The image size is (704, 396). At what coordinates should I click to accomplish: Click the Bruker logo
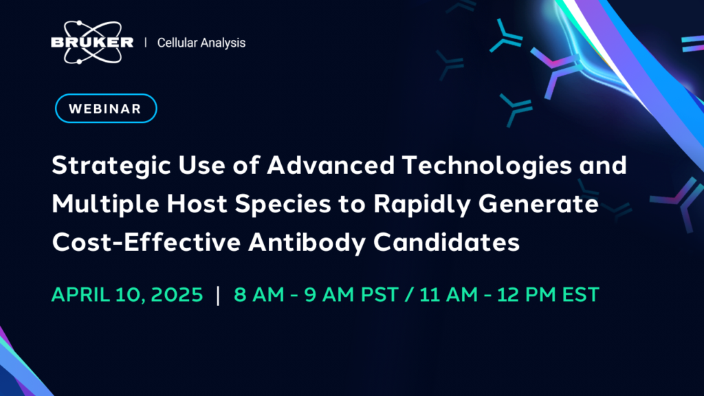tap(92, 42)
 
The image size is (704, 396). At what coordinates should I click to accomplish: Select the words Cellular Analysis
tap(201, 43)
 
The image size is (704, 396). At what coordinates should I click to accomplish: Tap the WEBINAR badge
tap(106, 108)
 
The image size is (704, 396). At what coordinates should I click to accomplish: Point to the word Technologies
tap(487, 166)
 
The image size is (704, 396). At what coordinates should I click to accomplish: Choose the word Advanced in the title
tap(331, 165)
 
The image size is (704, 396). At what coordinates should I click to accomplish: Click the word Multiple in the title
tap(105, 204)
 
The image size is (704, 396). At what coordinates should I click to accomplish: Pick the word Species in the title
tap(283, 204)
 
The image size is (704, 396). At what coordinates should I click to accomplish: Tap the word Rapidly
tap(422, 204)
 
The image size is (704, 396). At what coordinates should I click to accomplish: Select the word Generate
tap(538, 203)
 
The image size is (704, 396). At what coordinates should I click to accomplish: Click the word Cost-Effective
tap(146, 242)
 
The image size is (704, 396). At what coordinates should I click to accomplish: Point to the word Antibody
tap(307, 243)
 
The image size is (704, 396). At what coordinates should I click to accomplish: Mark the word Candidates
tap(446, 242)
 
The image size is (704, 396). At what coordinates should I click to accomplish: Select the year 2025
tap(177, 295)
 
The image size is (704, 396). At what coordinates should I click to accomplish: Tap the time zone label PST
tap(379, 295)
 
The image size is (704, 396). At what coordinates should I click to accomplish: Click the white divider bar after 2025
tap(218, 295)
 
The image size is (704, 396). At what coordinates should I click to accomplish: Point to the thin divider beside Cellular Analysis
tap(146, 43)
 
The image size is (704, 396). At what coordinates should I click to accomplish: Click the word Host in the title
tap(197, 203)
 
